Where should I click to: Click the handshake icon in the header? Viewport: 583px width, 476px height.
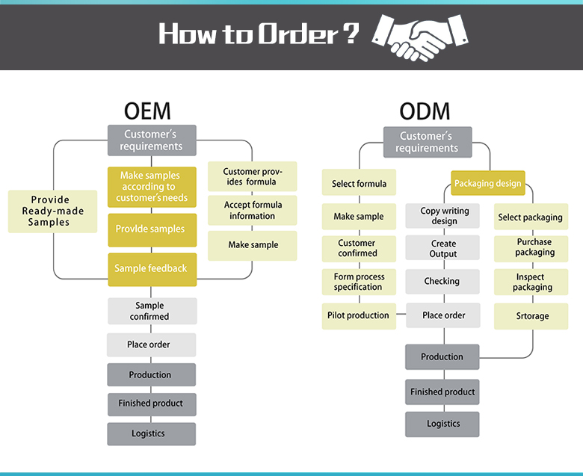(419, 37)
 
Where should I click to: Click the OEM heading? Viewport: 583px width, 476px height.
(147, 111)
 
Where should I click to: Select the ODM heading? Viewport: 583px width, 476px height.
(425, 112)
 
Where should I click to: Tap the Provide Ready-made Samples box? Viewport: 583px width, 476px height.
(52, 211)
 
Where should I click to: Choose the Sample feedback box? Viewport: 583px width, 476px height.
(151, 268)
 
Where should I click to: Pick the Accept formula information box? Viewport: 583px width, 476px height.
(252, 211)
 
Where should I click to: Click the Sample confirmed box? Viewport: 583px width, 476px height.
(151, 311)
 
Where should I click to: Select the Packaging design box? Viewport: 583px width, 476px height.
(488, 183)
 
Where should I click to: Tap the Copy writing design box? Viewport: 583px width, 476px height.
(443, 216)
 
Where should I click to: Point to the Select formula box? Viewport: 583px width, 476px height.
(359, 184)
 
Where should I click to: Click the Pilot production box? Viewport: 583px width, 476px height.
(358, 315)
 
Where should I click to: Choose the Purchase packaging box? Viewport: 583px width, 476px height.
(534, 247)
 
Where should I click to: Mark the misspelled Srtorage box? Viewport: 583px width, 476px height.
(531, 316)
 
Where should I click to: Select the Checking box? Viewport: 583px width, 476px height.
(442, 282)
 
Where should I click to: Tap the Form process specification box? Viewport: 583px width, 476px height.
(358, 282)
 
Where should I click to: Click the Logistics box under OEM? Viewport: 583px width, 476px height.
(151, 433)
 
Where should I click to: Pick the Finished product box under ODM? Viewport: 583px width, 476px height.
(442, 392)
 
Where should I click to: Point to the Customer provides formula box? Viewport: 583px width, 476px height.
(252, 176)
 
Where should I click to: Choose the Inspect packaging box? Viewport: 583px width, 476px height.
(532, 282)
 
